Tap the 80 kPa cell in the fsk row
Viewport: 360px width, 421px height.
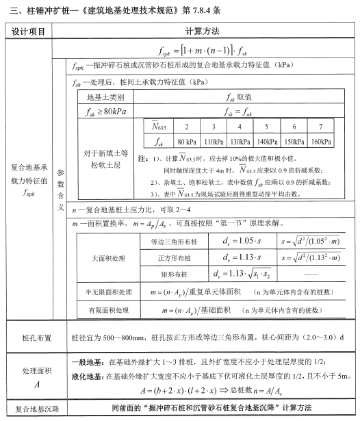[187, 142]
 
